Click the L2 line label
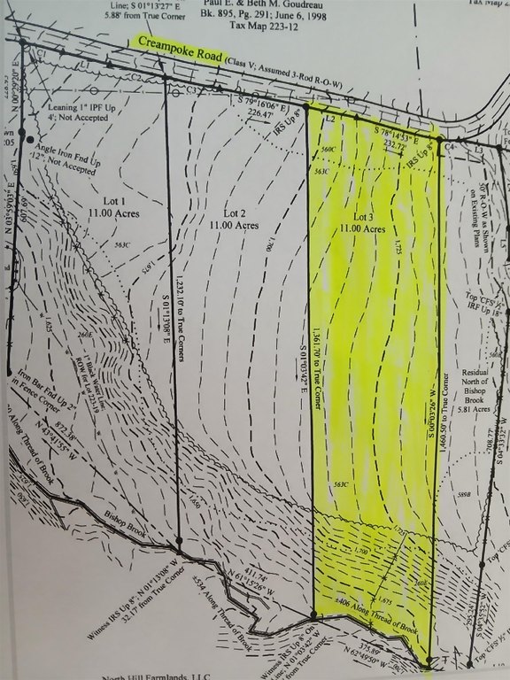click(330, 117)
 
